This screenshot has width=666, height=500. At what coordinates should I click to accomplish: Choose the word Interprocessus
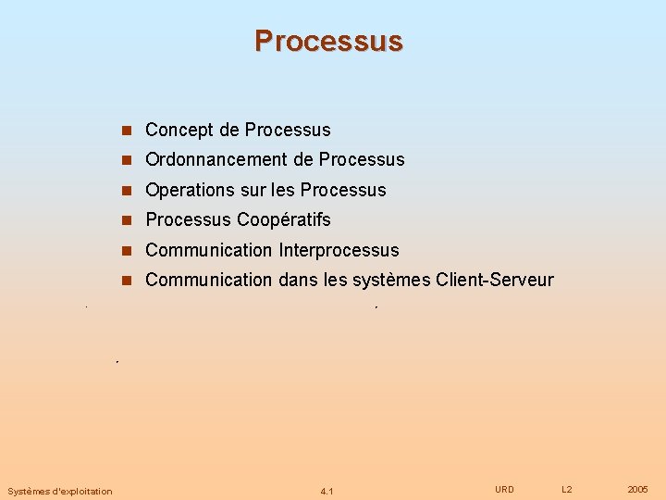[x=339, y=250]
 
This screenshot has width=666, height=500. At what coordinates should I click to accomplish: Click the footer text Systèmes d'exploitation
[x=59, y=491]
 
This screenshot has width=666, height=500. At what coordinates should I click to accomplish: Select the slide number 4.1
[x=327, y=491]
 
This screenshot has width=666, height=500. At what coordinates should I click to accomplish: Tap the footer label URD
[x=504, y=489]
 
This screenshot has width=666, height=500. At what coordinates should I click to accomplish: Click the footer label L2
[x=567, y=489]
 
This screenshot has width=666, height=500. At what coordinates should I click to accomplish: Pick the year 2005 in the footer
[x=637, y=489]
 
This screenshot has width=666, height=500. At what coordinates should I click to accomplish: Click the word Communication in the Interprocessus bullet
[x=209, y=250]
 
